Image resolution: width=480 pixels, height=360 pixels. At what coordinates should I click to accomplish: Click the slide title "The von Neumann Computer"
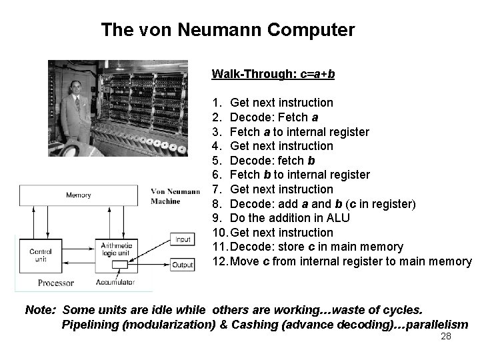pyautogui.click(x=228, y=30)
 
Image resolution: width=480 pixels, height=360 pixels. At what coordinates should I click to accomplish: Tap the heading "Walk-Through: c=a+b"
pyautogui.click(x=273, y=73)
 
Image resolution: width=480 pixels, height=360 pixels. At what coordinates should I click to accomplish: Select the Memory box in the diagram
pyautogui.click(x=79, y=195)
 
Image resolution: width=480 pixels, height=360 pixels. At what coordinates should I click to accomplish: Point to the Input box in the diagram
pyautogui.click(x=182, y=239)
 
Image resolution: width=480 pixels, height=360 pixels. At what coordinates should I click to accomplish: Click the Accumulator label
pyautogui.click(x=114, y=283)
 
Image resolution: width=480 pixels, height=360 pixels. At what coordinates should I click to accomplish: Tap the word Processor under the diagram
pyautogui.click(x=56, y=283)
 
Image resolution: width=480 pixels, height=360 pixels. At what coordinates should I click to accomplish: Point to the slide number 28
pyautogui.click(x=446, y=337)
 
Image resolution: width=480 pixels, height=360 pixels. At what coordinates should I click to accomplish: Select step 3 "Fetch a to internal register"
pyautogui.click(x=299, y=131)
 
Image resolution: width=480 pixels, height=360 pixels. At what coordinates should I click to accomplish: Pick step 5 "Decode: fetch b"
pyautogui.click(x=272, y=160)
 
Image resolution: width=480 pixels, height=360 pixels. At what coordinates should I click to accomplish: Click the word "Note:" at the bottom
pyautogui.click(x=39, y=310)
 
